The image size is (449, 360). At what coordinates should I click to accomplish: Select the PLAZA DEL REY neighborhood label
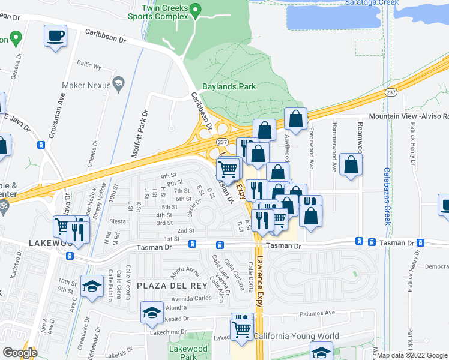(163, 284)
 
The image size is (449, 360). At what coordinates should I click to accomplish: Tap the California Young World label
(296, 337)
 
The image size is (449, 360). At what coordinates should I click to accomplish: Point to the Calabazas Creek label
(388, 195)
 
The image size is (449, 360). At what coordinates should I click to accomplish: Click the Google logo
(20, 353)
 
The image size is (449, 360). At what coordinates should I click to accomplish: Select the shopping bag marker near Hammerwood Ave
(351, 166)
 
